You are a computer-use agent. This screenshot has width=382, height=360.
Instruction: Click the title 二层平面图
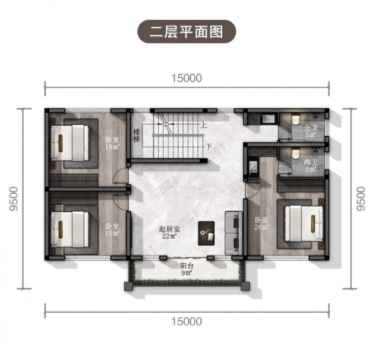click(187, 32)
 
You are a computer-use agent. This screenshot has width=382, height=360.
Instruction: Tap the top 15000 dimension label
click(187, 78)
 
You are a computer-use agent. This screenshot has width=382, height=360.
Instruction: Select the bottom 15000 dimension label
click(187, 322)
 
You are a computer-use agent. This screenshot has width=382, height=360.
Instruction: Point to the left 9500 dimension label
click(13, 199)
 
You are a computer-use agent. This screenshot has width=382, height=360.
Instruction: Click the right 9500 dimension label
click(361, 199)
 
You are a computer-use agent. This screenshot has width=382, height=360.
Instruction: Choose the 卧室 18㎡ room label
click(112, 143)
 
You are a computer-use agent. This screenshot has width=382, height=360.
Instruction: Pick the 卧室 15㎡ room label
click(112, 229)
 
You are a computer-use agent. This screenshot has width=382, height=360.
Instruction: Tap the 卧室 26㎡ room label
click(262, 224)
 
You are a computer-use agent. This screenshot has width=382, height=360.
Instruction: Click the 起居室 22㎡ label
click(169, 233)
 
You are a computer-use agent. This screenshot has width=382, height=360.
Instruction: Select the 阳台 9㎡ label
click(187, 269)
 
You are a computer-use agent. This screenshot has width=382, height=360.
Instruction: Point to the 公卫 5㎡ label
click(311, 131)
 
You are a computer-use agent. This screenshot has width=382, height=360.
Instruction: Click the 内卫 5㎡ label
click(311, 165)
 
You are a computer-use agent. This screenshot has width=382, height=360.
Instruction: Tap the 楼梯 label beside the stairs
click(137, 136)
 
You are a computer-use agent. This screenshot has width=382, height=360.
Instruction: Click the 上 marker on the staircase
click(204, 125)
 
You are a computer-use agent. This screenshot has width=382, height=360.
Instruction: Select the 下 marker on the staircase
click(209, 147)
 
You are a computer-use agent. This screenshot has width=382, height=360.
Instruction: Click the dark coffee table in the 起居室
click(206, 233)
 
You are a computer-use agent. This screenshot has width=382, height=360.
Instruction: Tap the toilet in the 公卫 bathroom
click(295, 119)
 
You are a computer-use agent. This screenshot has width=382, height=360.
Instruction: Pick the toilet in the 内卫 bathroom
click(295, 153)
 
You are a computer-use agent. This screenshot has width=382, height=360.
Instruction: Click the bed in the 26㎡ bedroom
click(304, 224)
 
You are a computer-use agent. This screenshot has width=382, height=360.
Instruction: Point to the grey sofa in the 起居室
click(234, 233)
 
